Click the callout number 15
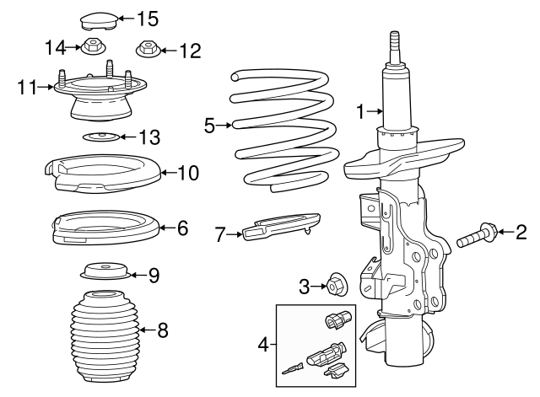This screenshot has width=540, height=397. [147, 18]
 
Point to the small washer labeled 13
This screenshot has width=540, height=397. [100, 137]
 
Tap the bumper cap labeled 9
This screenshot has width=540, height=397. [105, 272]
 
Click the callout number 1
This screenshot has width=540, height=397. [360, 110]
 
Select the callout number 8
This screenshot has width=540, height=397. [163, 330]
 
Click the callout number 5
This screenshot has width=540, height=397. [210, 126]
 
